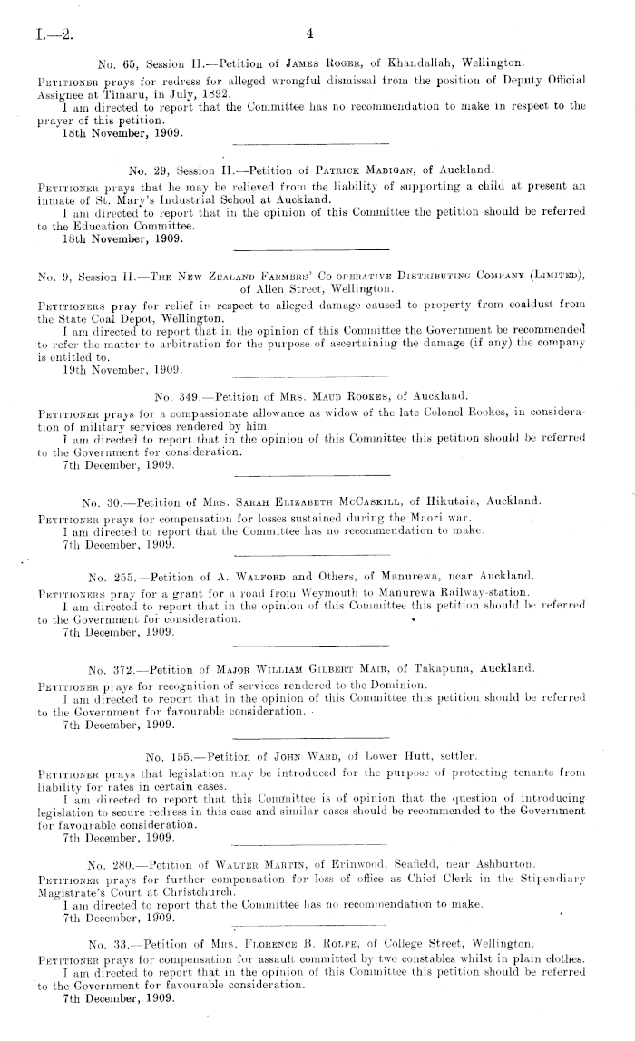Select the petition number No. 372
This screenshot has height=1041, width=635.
(108, 669)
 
